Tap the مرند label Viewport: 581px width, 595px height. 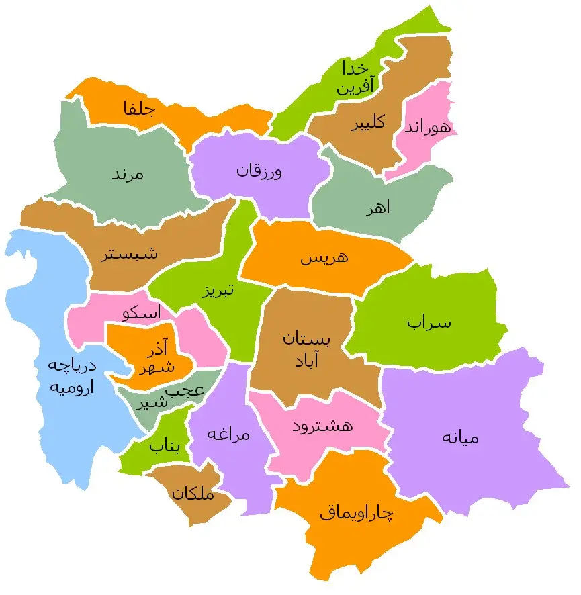(128, 174)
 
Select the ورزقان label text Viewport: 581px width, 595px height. (259, 171)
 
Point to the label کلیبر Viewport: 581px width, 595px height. (367, 123)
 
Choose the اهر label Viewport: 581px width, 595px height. (378, 209)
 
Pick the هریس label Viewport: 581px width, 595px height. (324, 257)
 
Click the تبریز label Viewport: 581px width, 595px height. (218, 291)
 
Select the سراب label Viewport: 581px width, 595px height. (429, 322)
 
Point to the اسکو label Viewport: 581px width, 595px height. (142, 313)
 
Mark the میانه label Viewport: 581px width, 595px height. (461, 437)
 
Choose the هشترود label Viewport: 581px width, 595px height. (323, 426)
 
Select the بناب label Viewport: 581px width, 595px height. (165, 445)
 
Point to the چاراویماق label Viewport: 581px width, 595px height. (357, 514)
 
